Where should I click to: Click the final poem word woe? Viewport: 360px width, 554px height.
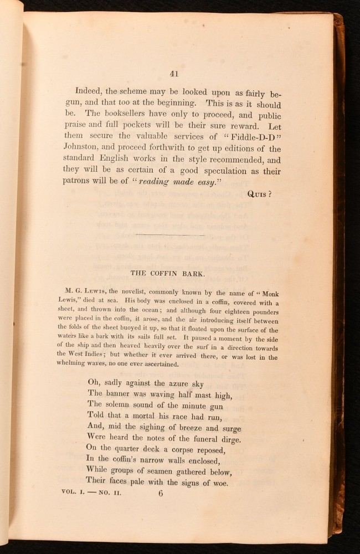[x=218, y=483]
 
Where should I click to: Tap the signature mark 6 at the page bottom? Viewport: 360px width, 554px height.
[x=162, y=495]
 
